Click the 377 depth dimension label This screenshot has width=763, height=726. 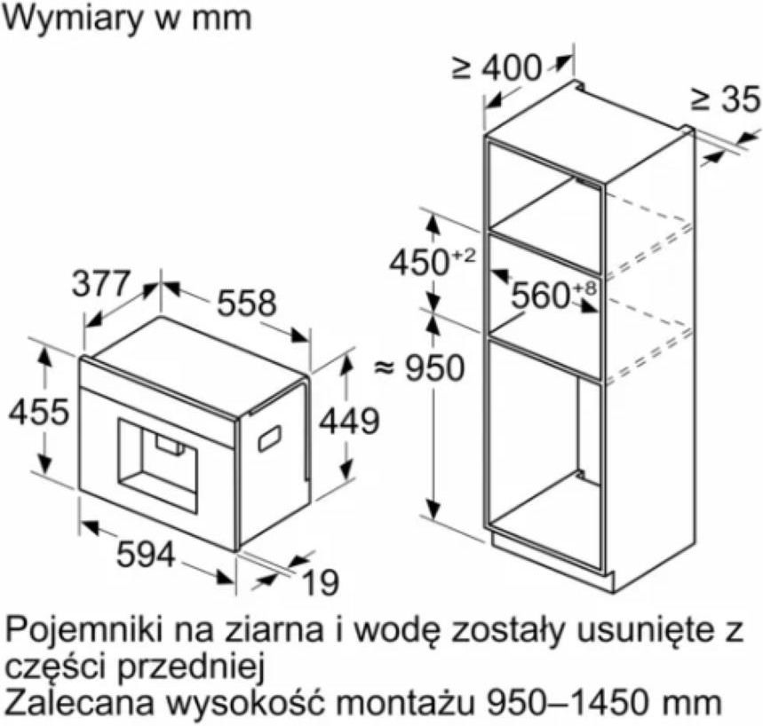tap(101, 284)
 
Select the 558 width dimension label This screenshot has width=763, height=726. tap(246, 303)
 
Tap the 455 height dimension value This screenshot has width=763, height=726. tap(39, 412)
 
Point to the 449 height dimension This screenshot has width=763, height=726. tap(349, 421)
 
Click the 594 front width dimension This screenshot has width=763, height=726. tap(146, 555)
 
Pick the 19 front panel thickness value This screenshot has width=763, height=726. tap(320, 582)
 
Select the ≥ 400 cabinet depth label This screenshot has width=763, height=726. tap(497, 67)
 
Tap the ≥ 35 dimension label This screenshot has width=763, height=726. tap(725, 99)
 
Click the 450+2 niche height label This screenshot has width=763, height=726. tap(432, 263)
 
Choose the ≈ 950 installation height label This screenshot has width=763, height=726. tap(419, 368)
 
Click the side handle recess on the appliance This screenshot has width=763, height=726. tap(269, 438)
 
